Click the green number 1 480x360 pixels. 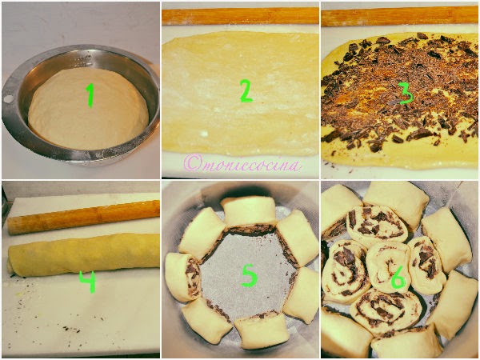[x=90, y=95]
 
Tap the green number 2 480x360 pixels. [x=246, y=90]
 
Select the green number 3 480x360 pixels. [x=406, y=93]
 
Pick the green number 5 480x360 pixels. [x=250, y=275]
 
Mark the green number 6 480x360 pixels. [x=398, y=278]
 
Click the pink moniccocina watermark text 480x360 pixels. [x=242, y=164]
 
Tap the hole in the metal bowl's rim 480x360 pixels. [x=8, y=99]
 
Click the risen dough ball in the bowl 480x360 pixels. [x=88, y=109]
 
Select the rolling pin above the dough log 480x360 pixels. [x=83, y=217]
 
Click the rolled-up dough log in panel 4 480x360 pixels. [x=83, y=254]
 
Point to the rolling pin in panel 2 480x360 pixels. [x=240, y=16]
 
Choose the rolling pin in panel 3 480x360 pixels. [x=400, y=16]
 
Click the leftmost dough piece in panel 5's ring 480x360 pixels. [x=183, y=276]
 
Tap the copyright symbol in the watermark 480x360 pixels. [x=192, y=164]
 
